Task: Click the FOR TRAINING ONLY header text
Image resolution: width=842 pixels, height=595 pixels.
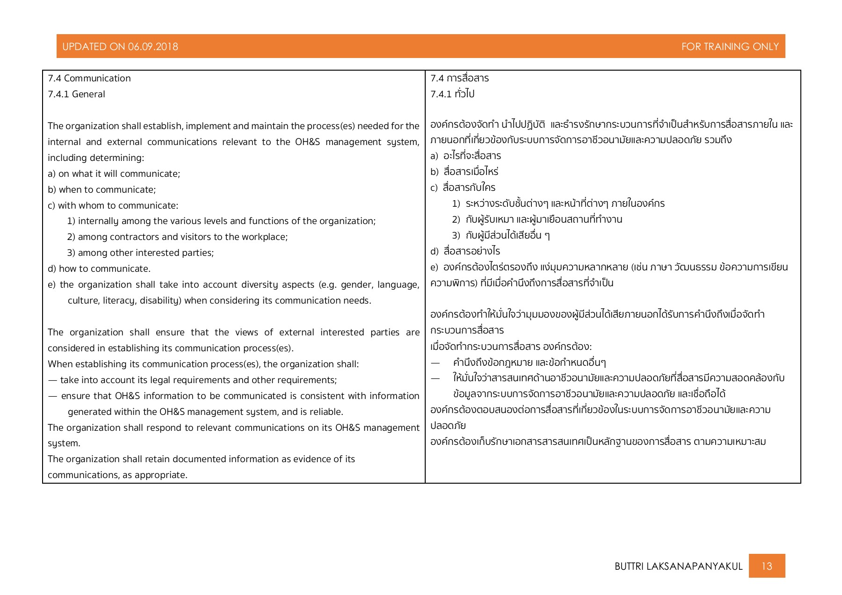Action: click(730, 46)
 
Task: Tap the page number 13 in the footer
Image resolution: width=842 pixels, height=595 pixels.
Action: click(767, 566)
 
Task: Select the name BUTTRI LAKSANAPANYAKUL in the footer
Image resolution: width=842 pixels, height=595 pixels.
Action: click(678, 566)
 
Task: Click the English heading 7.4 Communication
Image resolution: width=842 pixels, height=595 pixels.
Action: click(89, 78)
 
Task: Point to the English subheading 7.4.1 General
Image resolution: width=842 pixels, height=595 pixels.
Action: click(76, 94)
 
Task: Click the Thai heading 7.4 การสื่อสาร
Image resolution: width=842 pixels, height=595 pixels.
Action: click(459, 78)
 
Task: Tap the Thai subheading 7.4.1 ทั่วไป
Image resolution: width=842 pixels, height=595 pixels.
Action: click(452, 94)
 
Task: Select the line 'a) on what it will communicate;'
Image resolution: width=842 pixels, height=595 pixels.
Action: click(114, 174)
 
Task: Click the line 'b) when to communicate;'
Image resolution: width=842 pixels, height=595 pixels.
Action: click(102, 189)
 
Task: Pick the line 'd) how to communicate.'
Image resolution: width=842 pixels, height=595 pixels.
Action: click(99, 268)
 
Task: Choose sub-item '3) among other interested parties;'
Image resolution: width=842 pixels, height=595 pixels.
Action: click(140, 253)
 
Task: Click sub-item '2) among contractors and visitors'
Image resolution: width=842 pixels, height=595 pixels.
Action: click(177, 237)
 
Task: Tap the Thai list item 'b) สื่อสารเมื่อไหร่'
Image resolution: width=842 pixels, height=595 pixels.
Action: click(465, 171)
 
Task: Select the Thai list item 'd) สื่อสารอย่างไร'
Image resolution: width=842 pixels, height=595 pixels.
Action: click(465, 251)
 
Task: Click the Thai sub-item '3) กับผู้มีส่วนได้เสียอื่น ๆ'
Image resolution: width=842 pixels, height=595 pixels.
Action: click(501, 235)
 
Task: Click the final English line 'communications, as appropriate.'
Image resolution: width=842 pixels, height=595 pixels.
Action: click(117, 475)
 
